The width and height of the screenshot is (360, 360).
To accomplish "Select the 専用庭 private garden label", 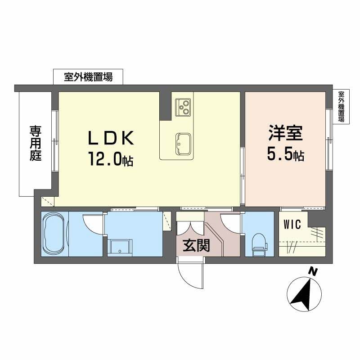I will pyautogui.click(x=36, y=144).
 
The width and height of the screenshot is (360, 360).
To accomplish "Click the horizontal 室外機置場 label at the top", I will pyautogui.click(x=88, y=77).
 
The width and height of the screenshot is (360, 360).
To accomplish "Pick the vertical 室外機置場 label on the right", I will pyautogui.click(x=341, y=107).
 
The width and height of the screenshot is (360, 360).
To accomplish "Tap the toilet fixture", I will pyautogui.click(x=259, y=245).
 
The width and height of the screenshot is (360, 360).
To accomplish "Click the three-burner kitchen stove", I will pyautogui.click(x=184, y=107).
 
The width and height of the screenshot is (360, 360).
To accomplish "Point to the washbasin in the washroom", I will pyautogui.click(x=119, y=246).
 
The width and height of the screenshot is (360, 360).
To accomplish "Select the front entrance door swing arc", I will pyautogui.click(x=189, y=274).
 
